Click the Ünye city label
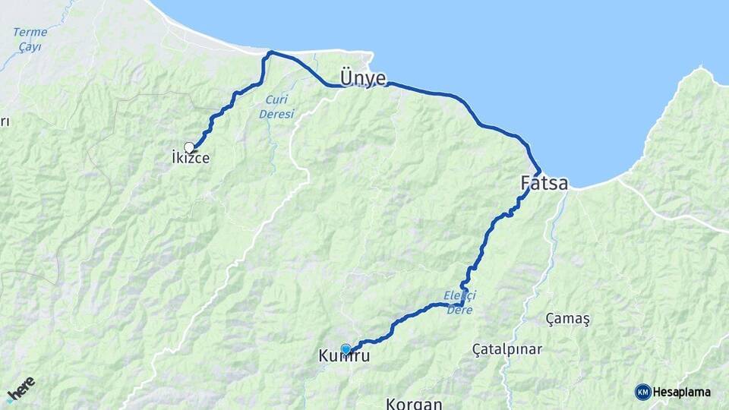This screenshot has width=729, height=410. pyautogui.click(x=363, y=79)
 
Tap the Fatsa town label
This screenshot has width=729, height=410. pyautogui.click(x=544, y=183)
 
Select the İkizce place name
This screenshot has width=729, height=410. pyautogui.click(x=190, y=159)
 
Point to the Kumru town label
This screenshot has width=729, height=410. pyautogui.click(x=345, y=355)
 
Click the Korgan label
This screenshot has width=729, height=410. pyautogui.click(x=414, y=403)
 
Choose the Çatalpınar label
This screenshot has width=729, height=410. pyautogui.click(x=507, y=349)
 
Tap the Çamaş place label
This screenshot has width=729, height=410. pyautogui.click(x=568, y=319)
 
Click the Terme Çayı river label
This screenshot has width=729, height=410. pyautogui.click(x=30, y=39)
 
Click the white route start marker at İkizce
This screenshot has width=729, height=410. pyautogui.click(x=189, y=147)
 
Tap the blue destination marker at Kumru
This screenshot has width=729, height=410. pyautogui.click(x=346, y=349)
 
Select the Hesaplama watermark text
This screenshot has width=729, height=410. pyautogui.click(x=682, y=392)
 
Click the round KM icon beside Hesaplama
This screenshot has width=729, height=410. pyautogui.click(x=643, y=392)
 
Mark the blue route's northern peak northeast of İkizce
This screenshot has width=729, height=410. pyautogui.click(x=270, y=52)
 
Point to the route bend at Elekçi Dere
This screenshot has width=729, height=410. pyautogui.click(x=462, y=303)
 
